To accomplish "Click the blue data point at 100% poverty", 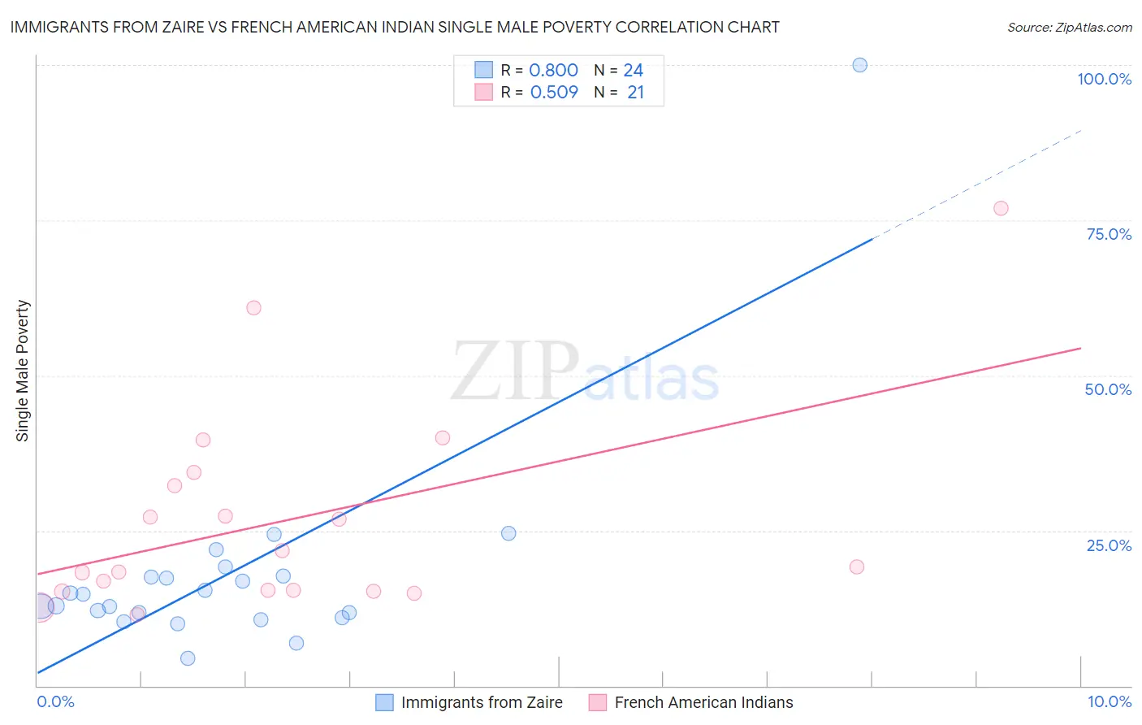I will click(859, 65).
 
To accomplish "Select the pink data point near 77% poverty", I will click(1001, 208).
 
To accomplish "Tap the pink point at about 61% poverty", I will click(253, 308).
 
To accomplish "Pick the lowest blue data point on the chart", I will click(188, 658).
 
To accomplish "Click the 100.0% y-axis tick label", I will click(1104, 79).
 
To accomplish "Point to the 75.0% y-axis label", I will click(1109, 234).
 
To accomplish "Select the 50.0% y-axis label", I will click(1108, 389).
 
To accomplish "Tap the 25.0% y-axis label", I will click(1109, 545).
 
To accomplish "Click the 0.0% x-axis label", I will click(55, 701).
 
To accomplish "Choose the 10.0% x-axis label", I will click(1109, 701).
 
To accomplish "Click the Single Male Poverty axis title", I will click(23, 371).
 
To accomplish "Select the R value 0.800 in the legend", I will click(553, 71).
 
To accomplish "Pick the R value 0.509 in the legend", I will click(554, 93).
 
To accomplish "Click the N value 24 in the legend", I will click(634, 71).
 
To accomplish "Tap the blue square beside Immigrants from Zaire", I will click(384, 702).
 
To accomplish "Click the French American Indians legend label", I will click(703, 702).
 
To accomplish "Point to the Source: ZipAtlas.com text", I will click(1069, 28).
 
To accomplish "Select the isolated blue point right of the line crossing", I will click(508, 533).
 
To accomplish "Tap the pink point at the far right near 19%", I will click(856, 567).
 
